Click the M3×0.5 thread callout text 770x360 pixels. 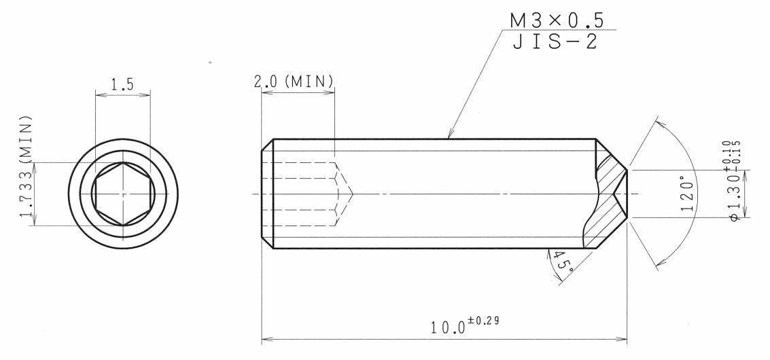click(557, 20)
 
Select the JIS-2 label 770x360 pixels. click(555, 41)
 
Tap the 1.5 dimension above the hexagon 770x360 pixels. click(122, 84)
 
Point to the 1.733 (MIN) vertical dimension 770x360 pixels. click(27, 166)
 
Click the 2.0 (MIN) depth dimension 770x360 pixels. click(294, 81)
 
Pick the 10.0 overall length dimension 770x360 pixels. click(448, 327)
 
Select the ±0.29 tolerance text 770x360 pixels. click(484, 321)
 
